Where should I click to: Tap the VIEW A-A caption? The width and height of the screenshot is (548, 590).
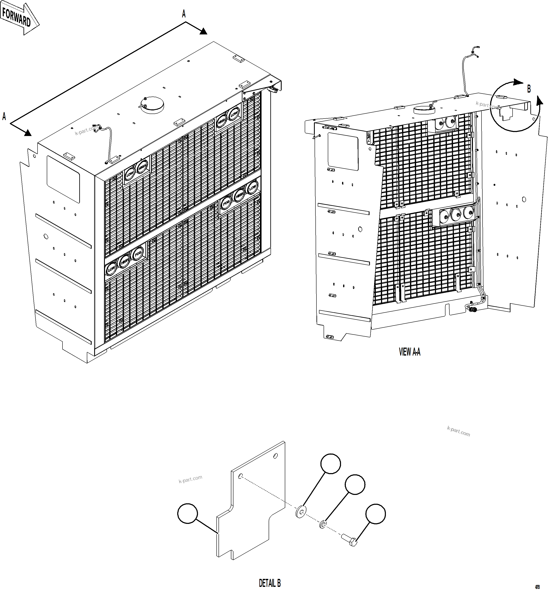pyautogui.click(x=410, y=352)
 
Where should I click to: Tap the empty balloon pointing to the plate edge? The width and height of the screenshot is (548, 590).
pyautogui.click(x=187, y=513)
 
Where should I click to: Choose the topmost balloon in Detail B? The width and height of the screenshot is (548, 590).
pyautogui.click(x=331, y=464)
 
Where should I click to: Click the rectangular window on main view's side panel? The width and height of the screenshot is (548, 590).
pyautogui.click(x=63, y=179)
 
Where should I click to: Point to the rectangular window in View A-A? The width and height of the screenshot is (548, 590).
pyautogui.click(x=343, y=151)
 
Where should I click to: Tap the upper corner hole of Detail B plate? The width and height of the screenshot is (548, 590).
pyautogui.click(x=276, y=455)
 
